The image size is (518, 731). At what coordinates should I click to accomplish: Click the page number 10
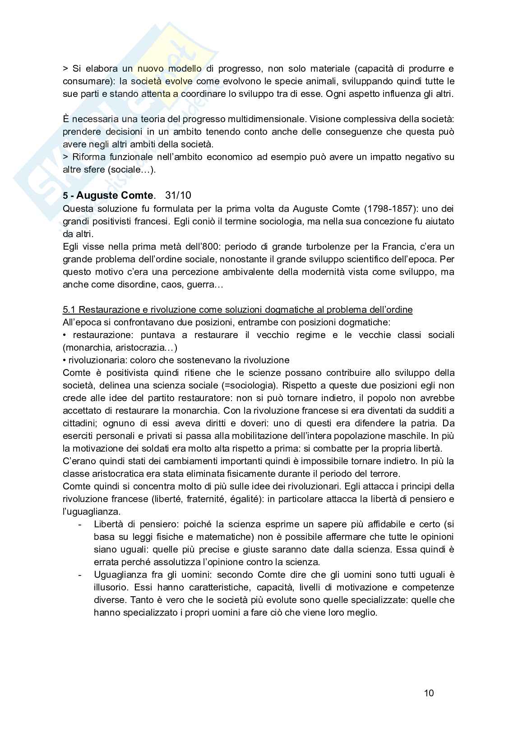429,693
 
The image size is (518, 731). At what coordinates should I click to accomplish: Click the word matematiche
233,537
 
